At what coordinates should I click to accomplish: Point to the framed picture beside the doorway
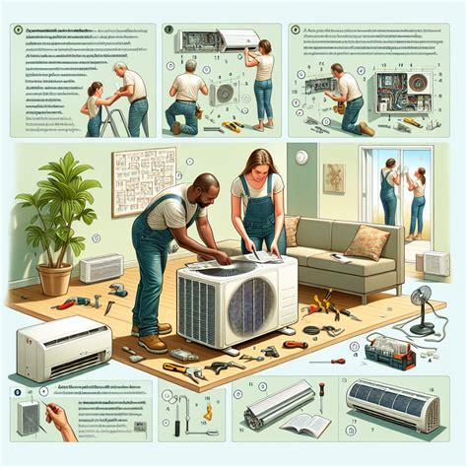pyautogui.click(x=335, y=177)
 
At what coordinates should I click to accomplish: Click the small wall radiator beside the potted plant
pyautogui.click(x=100, y=269)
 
